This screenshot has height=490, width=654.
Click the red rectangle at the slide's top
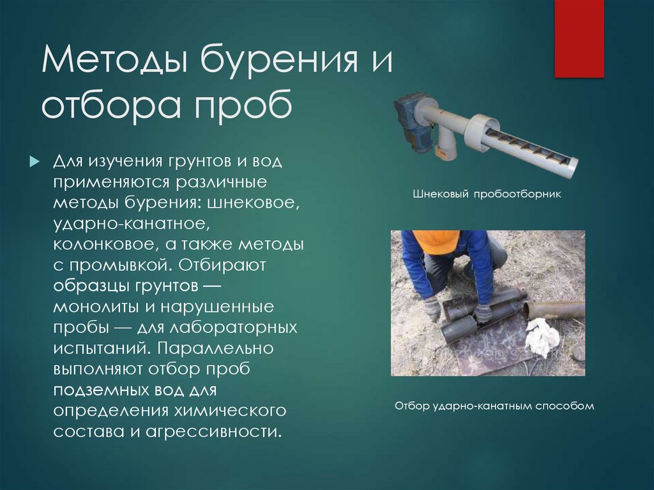pyautogui.click(x=579, y=38)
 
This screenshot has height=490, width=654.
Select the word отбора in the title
pyautogui.click(x=106, y=107)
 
